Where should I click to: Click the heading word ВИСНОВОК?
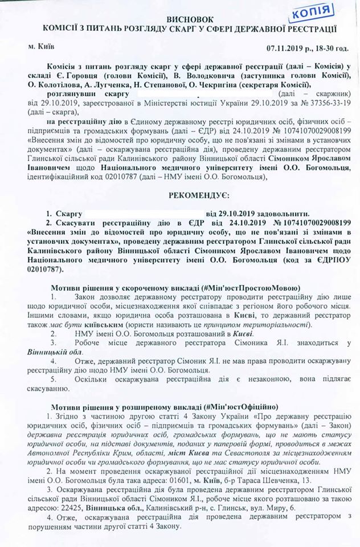click(x=182, y=19)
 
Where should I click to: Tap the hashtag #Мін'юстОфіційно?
click(x=240, y=408)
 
